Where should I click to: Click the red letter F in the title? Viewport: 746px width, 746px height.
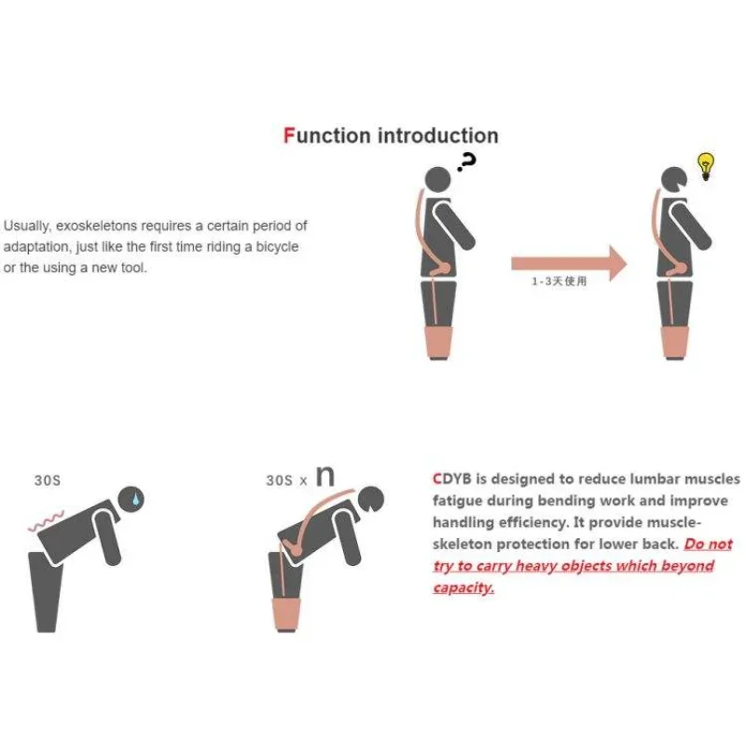pos(289,135)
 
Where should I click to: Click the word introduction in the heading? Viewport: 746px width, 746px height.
pos(437,135)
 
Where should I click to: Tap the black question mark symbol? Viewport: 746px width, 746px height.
pos(467,163)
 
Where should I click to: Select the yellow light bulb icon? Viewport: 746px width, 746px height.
pos(706,166)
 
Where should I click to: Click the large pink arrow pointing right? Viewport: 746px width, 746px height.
pos(569,262)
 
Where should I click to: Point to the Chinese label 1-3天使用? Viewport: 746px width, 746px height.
pos(560,283)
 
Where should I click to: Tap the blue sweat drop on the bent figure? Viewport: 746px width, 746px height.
pos(138,500)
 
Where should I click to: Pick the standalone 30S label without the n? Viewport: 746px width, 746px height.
pos(48,481)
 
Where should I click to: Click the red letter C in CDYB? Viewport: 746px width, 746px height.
pos(438,479)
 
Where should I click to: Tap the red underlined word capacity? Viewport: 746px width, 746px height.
pos(463,587)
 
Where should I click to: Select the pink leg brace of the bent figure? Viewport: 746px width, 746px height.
pos(290,611)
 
